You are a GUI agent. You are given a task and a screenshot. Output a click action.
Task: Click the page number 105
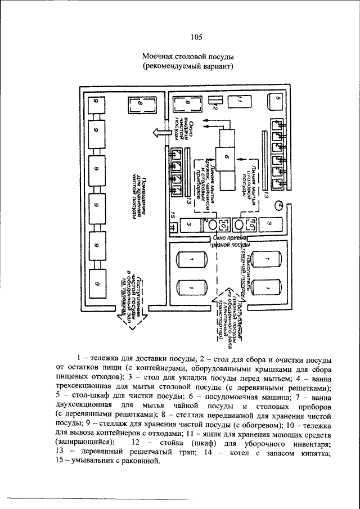click(x=196, y=38)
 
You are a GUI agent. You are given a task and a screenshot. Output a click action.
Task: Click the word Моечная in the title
click(x=160, y=57)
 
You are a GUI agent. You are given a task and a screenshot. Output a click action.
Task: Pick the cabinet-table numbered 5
click(x=277, y=101)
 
